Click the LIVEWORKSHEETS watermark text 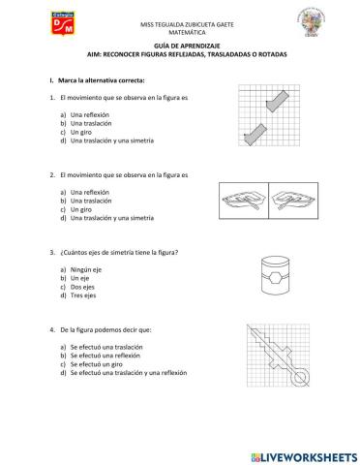(305, 455)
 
